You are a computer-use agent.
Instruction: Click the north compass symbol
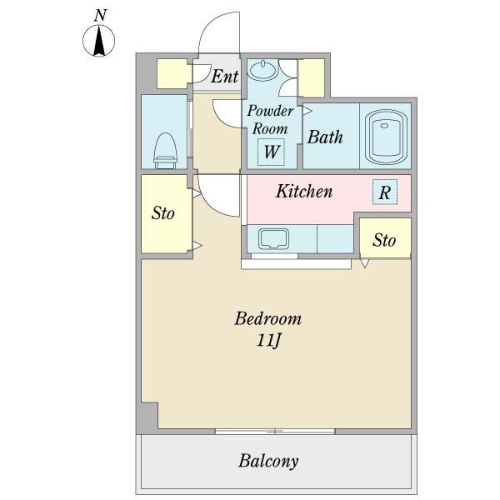tap(99, 41)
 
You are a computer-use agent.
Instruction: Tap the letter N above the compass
tap(100, 16)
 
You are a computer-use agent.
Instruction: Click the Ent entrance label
tap(224, 76)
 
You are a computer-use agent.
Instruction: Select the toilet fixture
tap(165, 151)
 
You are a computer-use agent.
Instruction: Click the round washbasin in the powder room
tap(263, 70)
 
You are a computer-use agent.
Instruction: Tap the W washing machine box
tap(271, 152)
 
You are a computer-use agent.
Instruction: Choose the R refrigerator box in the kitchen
tap(385, 192)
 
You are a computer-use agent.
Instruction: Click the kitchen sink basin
tap(273, 238)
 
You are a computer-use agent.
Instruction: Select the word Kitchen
tap(304, 191)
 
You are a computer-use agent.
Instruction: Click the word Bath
tap(325, 137)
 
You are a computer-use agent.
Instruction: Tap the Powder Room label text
tap(270, 119)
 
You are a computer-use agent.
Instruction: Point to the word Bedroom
tap(267, 318)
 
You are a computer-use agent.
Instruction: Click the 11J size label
tap(268, 340)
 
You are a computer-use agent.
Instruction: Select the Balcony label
tap(268, 461)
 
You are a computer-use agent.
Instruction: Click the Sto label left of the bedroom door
tap(163, 213)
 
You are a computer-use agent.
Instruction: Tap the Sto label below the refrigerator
tap(384, 240)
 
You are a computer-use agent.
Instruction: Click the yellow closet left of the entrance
tap(172, 74)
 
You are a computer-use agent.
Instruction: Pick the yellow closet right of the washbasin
tap(311, 78)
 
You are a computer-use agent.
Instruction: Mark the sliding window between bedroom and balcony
tap(275, 432)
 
